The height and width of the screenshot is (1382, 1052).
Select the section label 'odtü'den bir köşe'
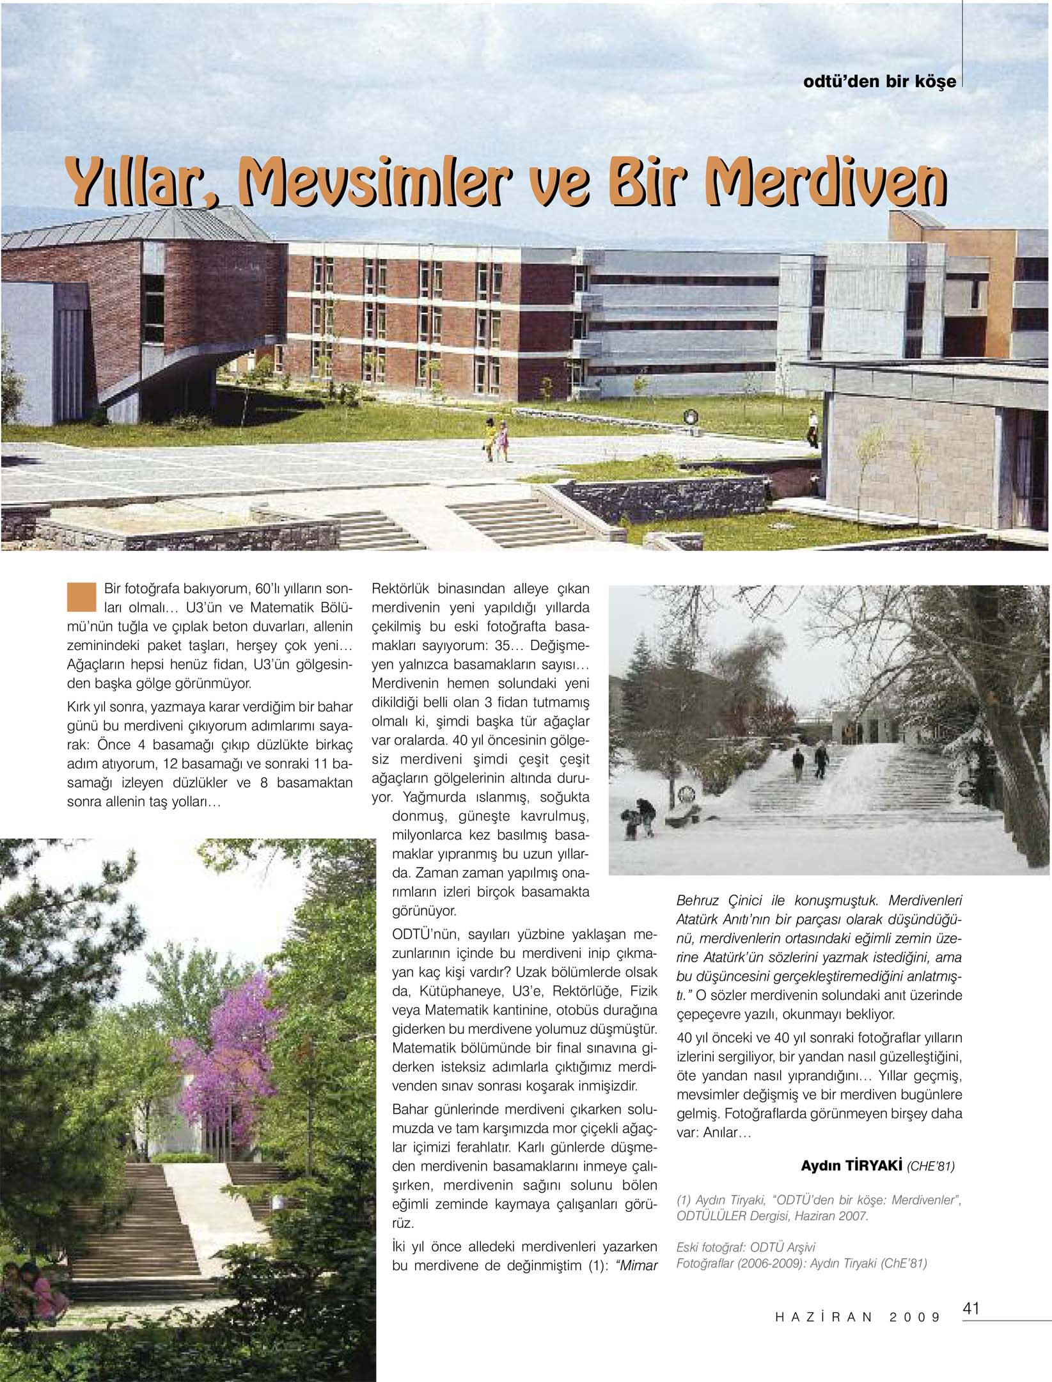click(879, 83)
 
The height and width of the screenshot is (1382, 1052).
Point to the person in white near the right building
click(812, 429)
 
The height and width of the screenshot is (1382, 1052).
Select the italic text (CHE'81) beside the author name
click(930, 1166)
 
